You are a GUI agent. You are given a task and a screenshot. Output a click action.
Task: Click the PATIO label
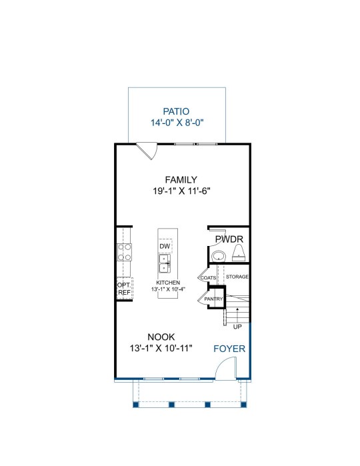(x=176, y=111)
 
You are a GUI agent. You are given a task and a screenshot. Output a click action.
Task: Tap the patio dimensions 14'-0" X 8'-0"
(x=177, y=123)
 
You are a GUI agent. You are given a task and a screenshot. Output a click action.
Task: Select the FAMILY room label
(x=181, y=180)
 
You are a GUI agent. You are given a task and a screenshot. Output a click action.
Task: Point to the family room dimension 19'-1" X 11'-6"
(x=181, y=191)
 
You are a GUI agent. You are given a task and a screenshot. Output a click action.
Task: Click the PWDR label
(x=229, y=239)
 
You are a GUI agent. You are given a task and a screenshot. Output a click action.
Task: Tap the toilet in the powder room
(x=239, y=253)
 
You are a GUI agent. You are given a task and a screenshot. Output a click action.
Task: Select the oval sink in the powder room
(x=219, y=255)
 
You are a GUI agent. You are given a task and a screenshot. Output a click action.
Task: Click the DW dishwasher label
(x=165, y=246)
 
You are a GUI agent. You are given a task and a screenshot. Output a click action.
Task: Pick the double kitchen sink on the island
(x=165, y=263)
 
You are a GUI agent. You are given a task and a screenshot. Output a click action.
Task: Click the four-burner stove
(x=124, y=252)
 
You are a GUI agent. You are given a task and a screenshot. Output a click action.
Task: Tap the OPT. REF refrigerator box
(x=124, y=289)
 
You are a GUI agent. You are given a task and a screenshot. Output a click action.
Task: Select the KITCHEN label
(x=168, y=283)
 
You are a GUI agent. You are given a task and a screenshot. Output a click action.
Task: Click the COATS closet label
(x=208, y=278)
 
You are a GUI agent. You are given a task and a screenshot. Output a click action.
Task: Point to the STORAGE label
(x=237, y=277)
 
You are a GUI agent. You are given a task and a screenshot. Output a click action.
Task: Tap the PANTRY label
(x=213, y=299)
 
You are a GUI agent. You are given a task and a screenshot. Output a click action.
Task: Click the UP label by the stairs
(x=237, y=327)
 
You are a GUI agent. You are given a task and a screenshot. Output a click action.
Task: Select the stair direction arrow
(x=237, y=315)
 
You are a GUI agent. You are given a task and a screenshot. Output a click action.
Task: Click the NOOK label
(x=161, y=337)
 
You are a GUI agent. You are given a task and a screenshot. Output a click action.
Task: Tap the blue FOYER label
(x=229, y=349)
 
